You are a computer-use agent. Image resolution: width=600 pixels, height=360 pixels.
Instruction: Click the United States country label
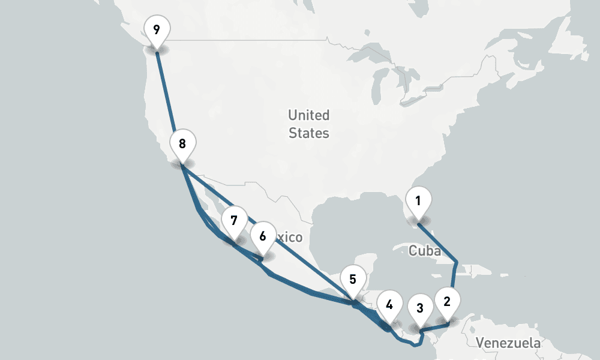[x=308, y=124]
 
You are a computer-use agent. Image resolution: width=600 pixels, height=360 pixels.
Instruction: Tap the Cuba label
[x=424, y=250]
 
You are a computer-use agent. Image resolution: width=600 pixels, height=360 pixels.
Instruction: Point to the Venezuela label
[x=508, y=343]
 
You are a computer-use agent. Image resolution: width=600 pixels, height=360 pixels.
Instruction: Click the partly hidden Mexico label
[x=289, y=238]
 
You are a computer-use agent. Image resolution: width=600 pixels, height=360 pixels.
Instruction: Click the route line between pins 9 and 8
[x=168, y=99]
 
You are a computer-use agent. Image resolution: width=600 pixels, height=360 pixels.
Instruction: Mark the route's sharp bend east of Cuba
[x=457, y=262]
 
